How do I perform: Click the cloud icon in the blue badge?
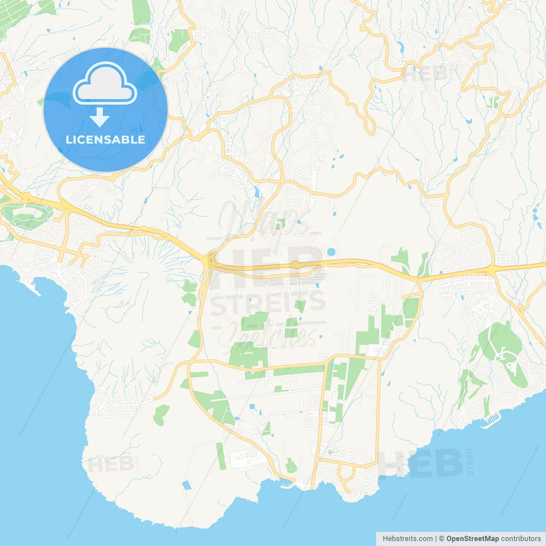(105, 84)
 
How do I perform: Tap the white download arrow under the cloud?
(99, 117)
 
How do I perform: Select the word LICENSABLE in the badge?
(105, 139)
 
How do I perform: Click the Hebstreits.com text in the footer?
(407, 539)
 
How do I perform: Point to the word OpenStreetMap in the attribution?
(472, 539)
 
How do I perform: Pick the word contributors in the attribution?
(521, 539)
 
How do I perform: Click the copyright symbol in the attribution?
(441, 539)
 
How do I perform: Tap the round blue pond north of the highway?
(331, 252)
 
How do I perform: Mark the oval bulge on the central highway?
(295, 265)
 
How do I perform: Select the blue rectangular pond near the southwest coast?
(186, 485)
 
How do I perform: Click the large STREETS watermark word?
(268, 303)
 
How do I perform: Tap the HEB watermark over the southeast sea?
(420, 464)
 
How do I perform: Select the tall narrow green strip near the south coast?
(220, 456)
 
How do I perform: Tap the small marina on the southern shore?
(287, 484)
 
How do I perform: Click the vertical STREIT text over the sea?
(470, 461)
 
